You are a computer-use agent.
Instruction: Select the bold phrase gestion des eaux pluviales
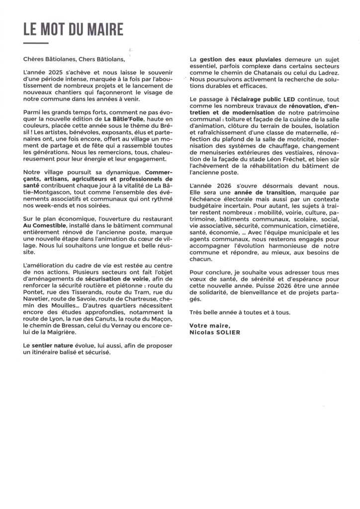[x=237, y=60]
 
